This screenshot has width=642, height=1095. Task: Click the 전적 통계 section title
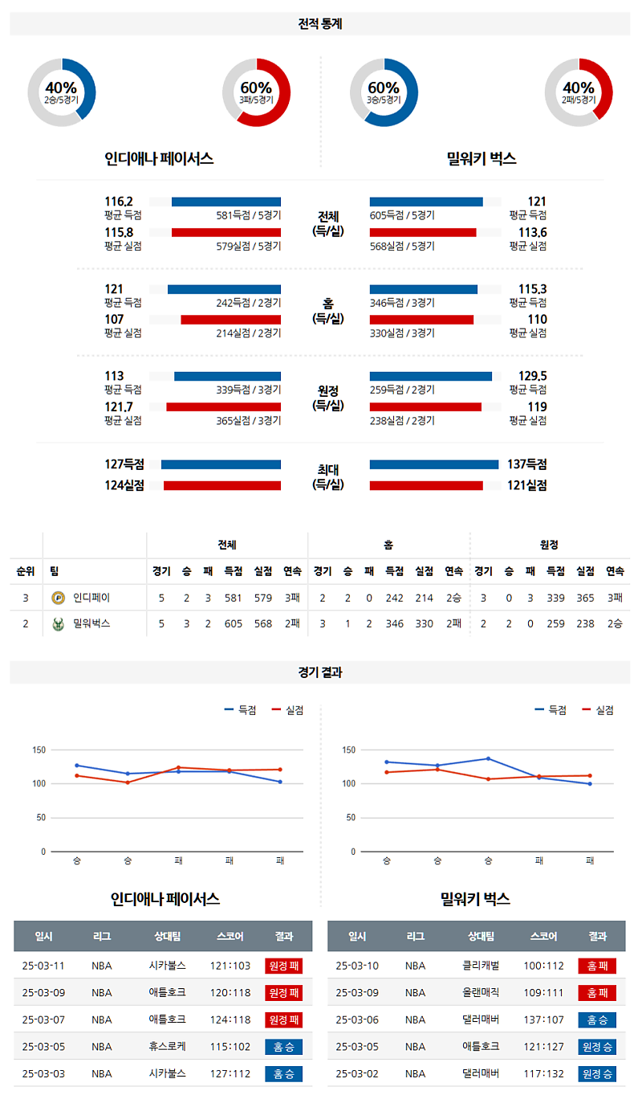tap(320, 24)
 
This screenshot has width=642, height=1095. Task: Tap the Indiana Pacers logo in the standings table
tap(58, 598)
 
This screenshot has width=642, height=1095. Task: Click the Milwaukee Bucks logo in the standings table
tap(58, 623)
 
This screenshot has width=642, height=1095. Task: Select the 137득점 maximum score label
tap(526, 464)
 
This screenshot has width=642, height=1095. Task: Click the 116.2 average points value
tap(119, 202)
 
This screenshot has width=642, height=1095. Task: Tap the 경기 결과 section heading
tap(320, 672)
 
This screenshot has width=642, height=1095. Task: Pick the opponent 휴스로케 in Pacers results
tap(167, 1047)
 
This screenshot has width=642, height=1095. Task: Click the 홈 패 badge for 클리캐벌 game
tap(597, 966)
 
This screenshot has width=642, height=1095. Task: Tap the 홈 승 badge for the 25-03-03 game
tap(283, 1073)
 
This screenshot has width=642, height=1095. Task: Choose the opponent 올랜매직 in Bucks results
tap(481, 993)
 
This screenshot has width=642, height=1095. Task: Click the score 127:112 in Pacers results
tap(230, 1073)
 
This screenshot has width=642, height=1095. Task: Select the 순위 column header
tap(26, 571)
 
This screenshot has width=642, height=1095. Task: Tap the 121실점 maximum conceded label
tap(526, 485)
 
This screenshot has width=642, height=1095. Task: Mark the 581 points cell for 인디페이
tap(234, 598)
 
